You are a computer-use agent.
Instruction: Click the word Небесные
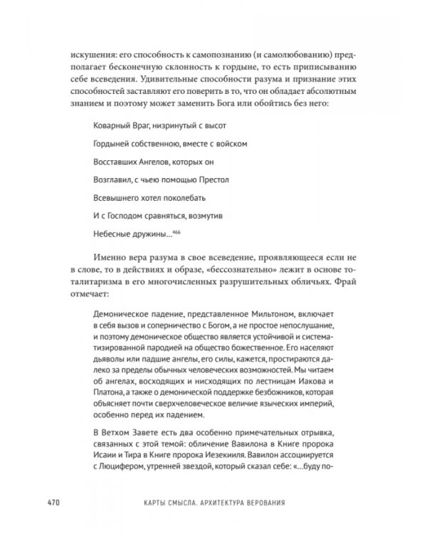coord(110,234)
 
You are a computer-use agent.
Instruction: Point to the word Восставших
coord(117,162)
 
